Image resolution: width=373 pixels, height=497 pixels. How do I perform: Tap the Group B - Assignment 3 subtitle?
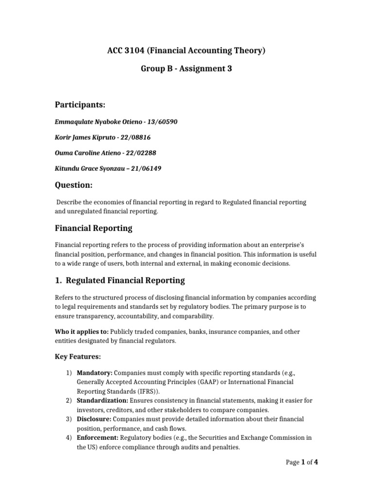(186, 69)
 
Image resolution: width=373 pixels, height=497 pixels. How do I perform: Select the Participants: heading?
(79, 105)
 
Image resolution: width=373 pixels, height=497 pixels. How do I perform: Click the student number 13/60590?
(162, 121)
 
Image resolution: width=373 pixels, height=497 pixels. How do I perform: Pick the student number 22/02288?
(141, 153)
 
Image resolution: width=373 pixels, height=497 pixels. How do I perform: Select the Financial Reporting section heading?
(93, 228)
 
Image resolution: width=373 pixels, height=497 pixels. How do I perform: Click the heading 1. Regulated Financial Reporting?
(119, 280)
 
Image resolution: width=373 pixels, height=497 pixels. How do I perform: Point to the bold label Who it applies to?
(81, 331)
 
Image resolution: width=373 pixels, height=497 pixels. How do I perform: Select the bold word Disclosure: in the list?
(93, 419)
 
